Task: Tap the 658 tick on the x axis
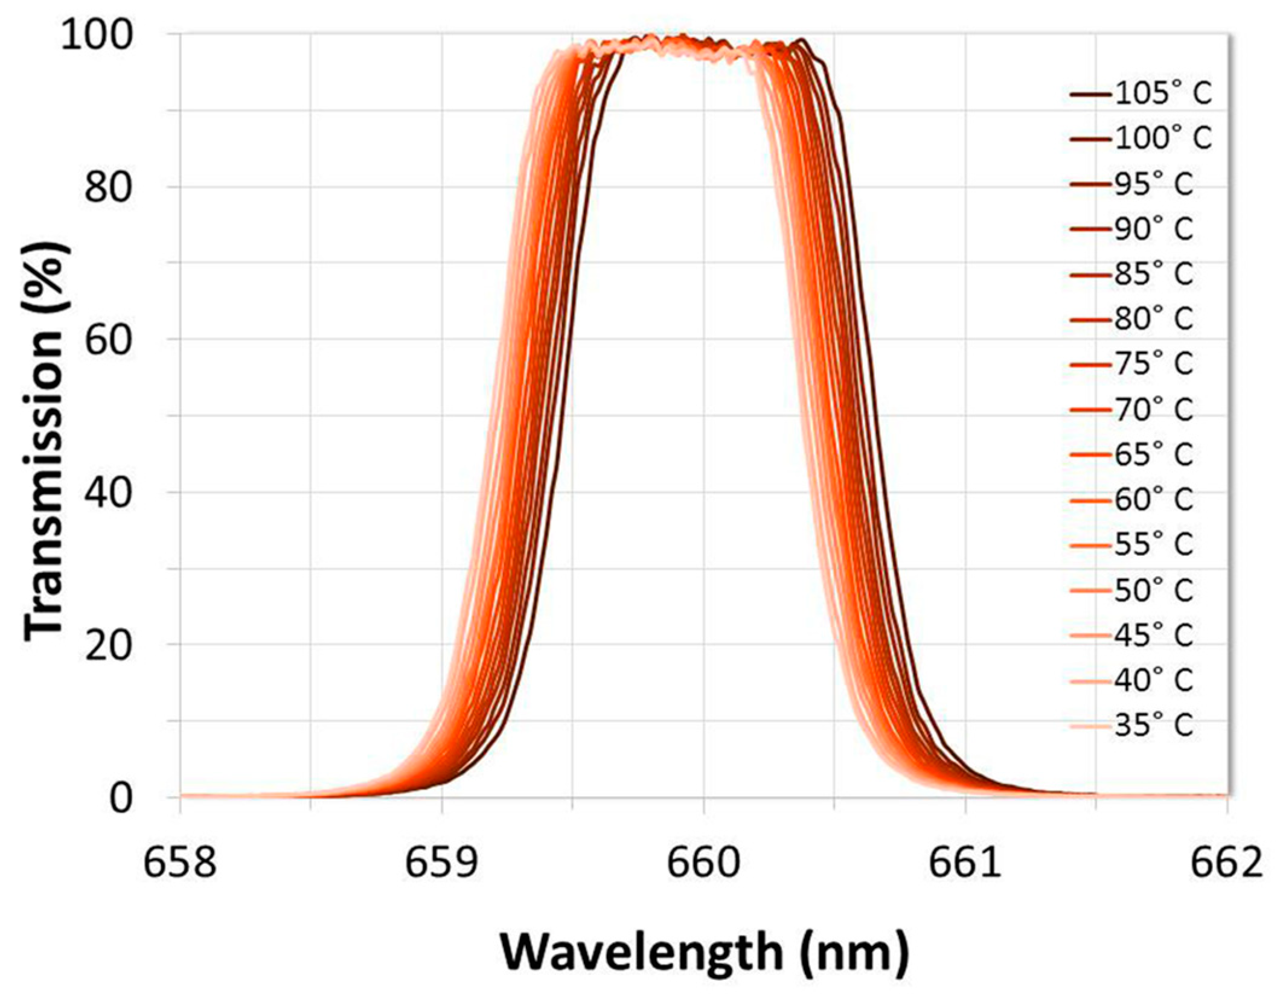[x=180, y=864]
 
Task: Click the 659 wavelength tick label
[x=441, y=864]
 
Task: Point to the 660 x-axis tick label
[x=703, y=864]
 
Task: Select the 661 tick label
[x=965, y=864]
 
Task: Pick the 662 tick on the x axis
[x=1226, y=864]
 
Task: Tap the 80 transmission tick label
[x=108, y=187]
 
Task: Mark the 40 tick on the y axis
[x=108, y=493]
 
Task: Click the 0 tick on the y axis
[x=121, y=798]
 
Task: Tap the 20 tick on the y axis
[x=108, y=645]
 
